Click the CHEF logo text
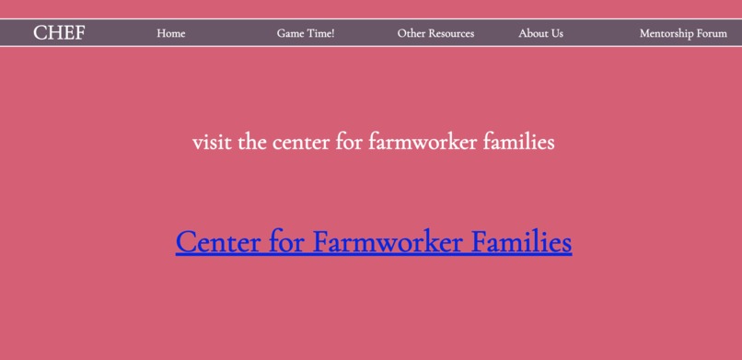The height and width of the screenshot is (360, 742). (59, 33)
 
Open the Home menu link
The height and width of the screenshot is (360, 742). (170, 33)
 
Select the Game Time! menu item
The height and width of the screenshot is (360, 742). (306, 33)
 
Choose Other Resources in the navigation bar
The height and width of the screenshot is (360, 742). (435, 33)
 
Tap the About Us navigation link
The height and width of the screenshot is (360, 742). (540, 33)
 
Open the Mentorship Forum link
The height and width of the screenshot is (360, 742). (683, 33)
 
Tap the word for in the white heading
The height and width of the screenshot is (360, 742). (351, 143)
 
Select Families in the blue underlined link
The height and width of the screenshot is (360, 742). (522, 242)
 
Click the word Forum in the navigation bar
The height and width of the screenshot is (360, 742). (712, 33)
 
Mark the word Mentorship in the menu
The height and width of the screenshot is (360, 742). (667, 33)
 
